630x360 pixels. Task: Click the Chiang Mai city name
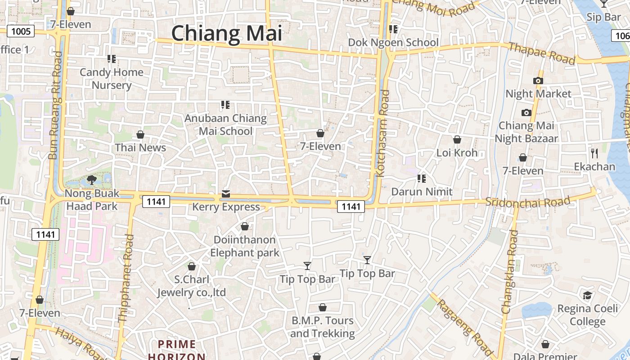(x=226, y=34)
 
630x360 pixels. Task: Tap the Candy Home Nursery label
(x=112, y=79)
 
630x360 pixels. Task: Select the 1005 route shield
(x=21, y=31)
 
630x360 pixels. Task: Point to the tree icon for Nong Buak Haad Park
(x=92, y=180)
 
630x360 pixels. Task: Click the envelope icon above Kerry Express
(x=226, y=194)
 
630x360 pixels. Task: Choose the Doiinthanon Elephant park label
(x=245, y=246)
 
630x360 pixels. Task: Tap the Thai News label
(x=140, y=148)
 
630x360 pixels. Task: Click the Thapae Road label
(x=542, y=53)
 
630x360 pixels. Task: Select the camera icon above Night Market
(x=538, y=81)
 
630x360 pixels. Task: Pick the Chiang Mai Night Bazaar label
(x=526, y=132)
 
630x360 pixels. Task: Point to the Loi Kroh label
(x=457, y=153)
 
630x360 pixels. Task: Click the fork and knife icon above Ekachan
(x=594, y=153)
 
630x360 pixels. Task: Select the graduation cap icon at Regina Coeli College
(x=587, y=296)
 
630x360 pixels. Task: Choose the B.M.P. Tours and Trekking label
(x=323, y=327)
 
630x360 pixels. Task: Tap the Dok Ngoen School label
(x=393, y=42)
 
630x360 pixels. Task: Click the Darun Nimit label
(x=422, y=192)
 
